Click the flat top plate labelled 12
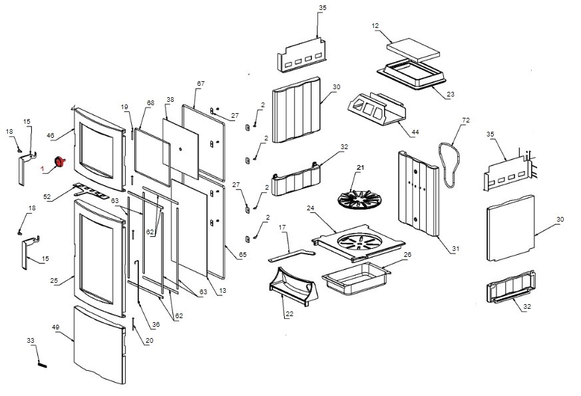point(414,49)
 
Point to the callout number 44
point(415,132)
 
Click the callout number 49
point(56,327)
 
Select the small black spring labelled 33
point(43,363)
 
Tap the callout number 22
point(289,314)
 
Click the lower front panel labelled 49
point(98,342)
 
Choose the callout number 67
point(200,84)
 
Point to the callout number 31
point(455,249)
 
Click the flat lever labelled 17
point(291,255)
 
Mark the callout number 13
point(222,290)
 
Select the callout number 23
point(450,95)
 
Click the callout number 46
point(50,135)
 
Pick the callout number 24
point(310,208)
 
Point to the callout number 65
point(242,255)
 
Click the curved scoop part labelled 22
point(291,286)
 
